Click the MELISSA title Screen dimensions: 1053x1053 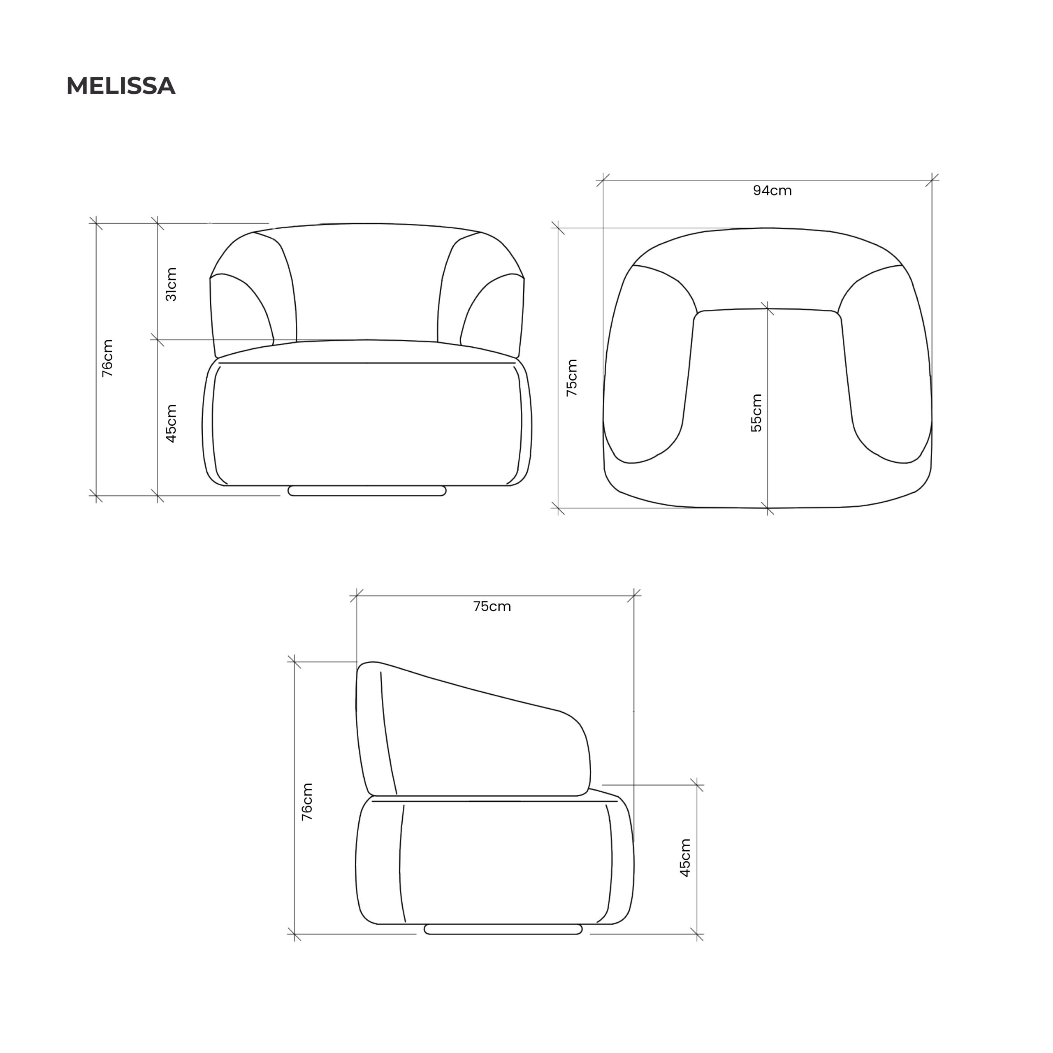[121, 86]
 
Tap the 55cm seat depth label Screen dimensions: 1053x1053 [756, 413]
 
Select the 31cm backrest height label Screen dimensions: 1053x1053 [171, 284]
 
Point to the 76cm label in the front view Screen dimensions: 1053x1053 [107, 358]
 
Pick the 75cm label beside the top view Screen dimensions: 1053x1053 [572, 377]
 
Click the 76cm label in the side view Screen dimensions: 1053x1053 [307, 802]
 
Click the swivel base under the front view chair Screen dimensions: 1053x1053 [367, 491]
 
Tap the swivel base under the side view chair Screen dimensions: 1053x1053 [503, 929]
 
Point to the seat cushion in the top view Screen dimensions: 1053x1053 [768, 404]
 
